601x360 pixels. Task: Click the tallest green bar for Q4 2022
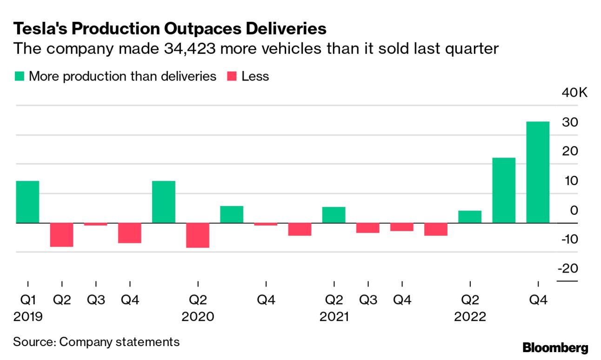pos(538,172)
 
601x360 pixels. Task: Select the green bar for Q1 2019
pos(28,202)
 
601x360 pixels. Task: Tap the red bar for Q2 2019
pos(62,235)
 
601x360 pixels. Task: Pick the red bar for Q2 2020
pos(198,235)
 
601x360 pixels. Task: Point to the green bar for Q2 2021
pos(334,215)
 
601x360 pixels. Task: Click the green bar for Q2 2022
pos(470,217)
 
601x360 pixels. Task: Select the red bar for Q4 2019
pos(130,233)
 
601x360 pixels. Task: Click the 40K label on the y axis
pos(575,93)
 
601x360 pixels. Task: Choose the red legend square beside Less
pos(232,76)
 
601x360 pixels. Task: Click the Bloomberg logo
pos(555,347)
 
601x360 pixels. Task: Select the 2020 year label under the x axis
pos(198,317)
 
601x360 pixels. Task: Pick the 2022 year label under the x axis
pos(470,317)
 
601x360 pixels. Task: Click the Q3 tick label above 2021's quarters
pos(368,300)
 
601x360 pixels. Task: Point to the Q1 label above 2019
pos(28,300)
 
